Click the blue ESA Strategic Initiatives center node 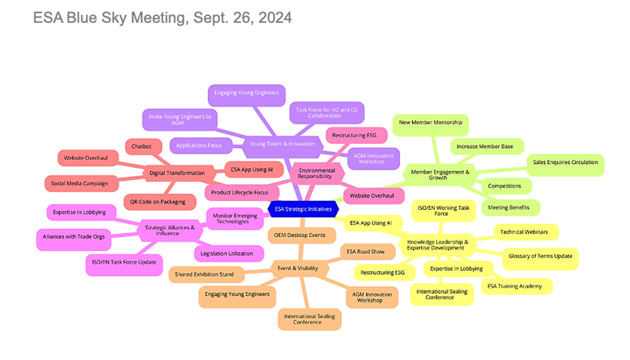[302, 208]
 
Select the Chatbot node [142, 146]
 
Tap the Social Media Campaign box [78, 183]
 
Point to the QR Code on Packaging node [158, 202]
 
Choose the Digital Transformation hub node [176, 172]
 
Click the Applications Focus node [199, 146]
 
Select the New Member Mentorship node [429, 122]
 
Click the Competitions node [504, 186]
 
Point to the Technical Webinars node [524, 231]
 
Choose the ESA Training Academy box [516, 286]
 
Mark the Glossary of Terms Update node [540, 256]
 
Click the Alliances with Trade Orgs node [74, 236]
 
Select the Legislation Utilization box [227, 254]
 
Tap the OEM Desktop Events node [299, 235]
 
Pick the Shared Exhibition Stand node [205, 275]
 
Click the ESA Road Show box [366, 252]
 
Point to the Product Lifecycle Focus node [241, 191]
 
